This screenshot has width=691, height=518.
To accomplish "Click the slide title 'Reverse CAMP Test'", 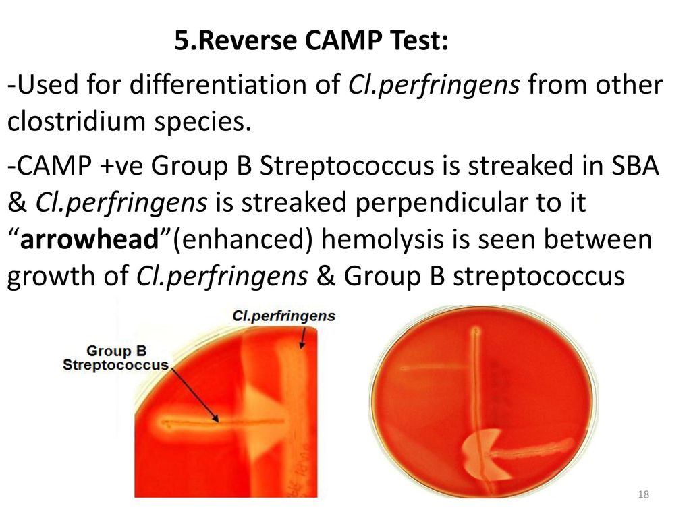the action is [x=323, y=40].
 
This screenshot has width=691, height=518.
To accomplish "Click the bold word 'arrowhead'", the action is [x=90, y=239].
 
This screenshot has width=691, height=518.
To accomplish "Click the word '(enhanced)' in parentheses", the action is [x=243, y=240].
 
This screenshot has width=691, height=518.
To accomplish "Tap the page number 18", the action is [x=643, y=494].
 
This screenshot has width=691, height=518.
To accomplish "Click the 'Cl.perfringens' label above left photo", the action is [x=283, y=316].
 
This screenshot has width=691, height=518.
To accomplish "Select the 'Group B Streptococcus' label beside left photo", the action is [x=116, y=357].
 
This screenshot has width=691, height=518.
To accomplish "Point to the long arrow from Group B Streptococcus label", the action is [x=194, y=394].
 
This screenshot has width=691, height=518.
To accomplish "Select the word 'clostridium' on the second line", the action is [x=77, y=121].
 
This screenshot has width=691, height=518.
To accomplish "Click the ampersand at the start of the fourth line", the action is [x=17, y=203].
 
